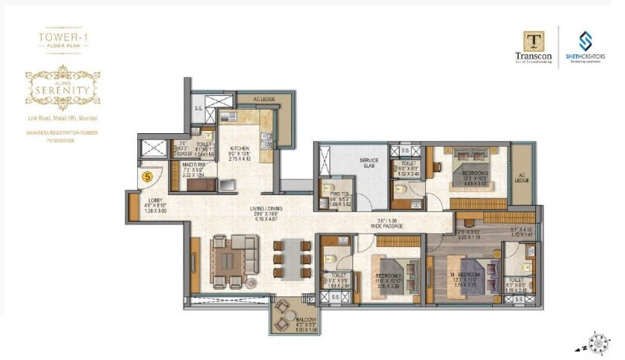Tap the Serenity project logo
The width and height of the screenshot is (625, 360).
click(x=64, y=85)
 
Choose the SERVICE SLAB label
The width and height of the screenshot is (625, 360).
click(x=369, y=161)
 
